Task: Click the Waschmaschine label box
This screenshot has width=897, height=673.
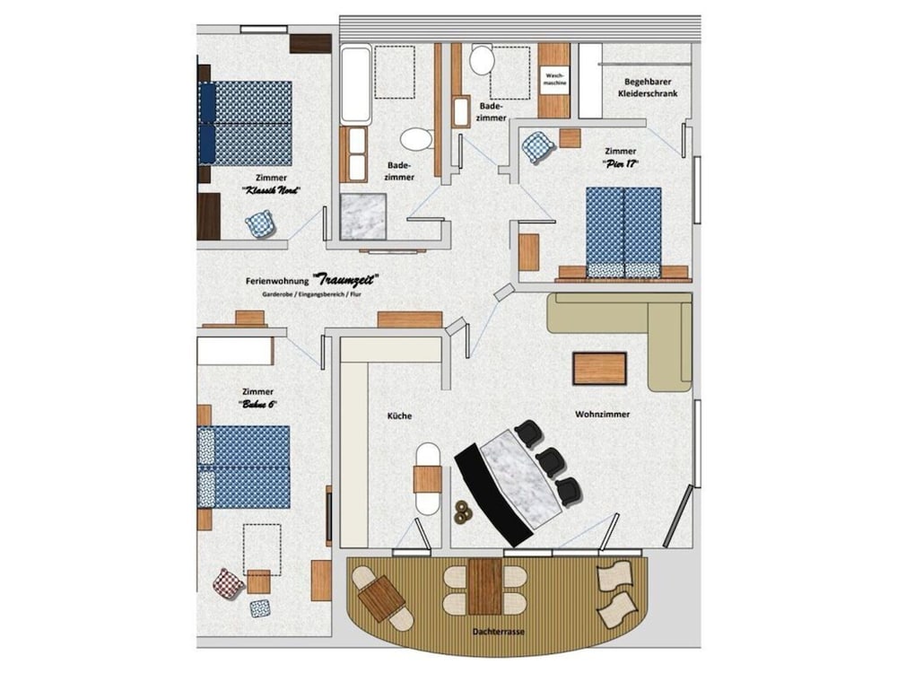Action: coord(553,80)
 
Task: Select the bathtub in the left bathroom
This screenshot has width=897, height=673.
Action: coord(356,84)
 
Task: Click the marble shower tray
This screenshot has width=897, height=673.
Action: coord(361,217)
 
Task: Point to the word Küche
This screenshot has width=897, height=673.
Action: coord(399,415)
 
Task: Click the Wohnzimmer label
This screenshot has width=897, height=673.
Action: coord(602,415)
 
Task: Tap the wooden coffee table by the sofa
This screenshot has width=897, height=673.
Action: coord(599,368)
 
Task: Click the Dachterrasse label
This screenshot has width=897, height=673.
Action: coord(499,632)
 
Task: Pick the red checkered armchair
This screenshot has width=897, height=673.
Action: coord(228,583)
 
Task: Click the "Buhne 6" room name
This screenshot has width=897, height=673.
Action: coord(257,405)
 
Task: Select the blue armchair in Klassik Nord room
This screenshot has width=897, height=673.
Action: coord(260,223)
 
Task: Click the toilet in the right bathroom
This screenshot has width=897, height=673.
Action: coord(482,60)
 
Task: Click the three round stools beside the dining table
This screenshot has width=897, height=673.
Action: coord(464,511)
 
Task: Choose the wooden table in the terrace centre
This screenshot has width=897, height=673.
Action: coord(485,586)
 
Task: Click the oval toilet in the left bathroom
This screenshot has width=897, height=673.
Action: coord(416,139)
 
